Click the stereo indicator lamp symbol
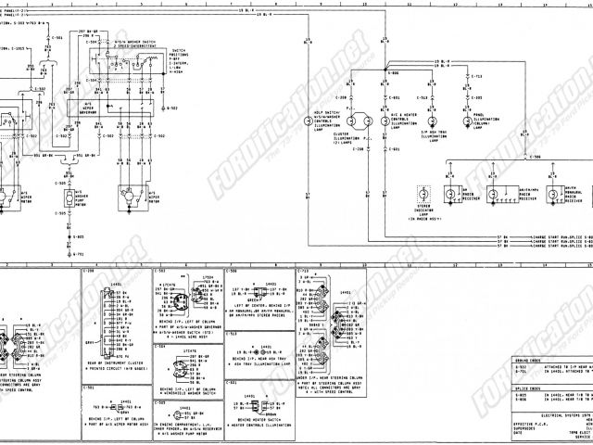click(x=423, y=196)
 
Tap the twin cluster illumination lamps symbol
click(x=357, y=121)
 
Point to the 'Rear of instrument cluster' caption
click(x=111, y=365)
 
